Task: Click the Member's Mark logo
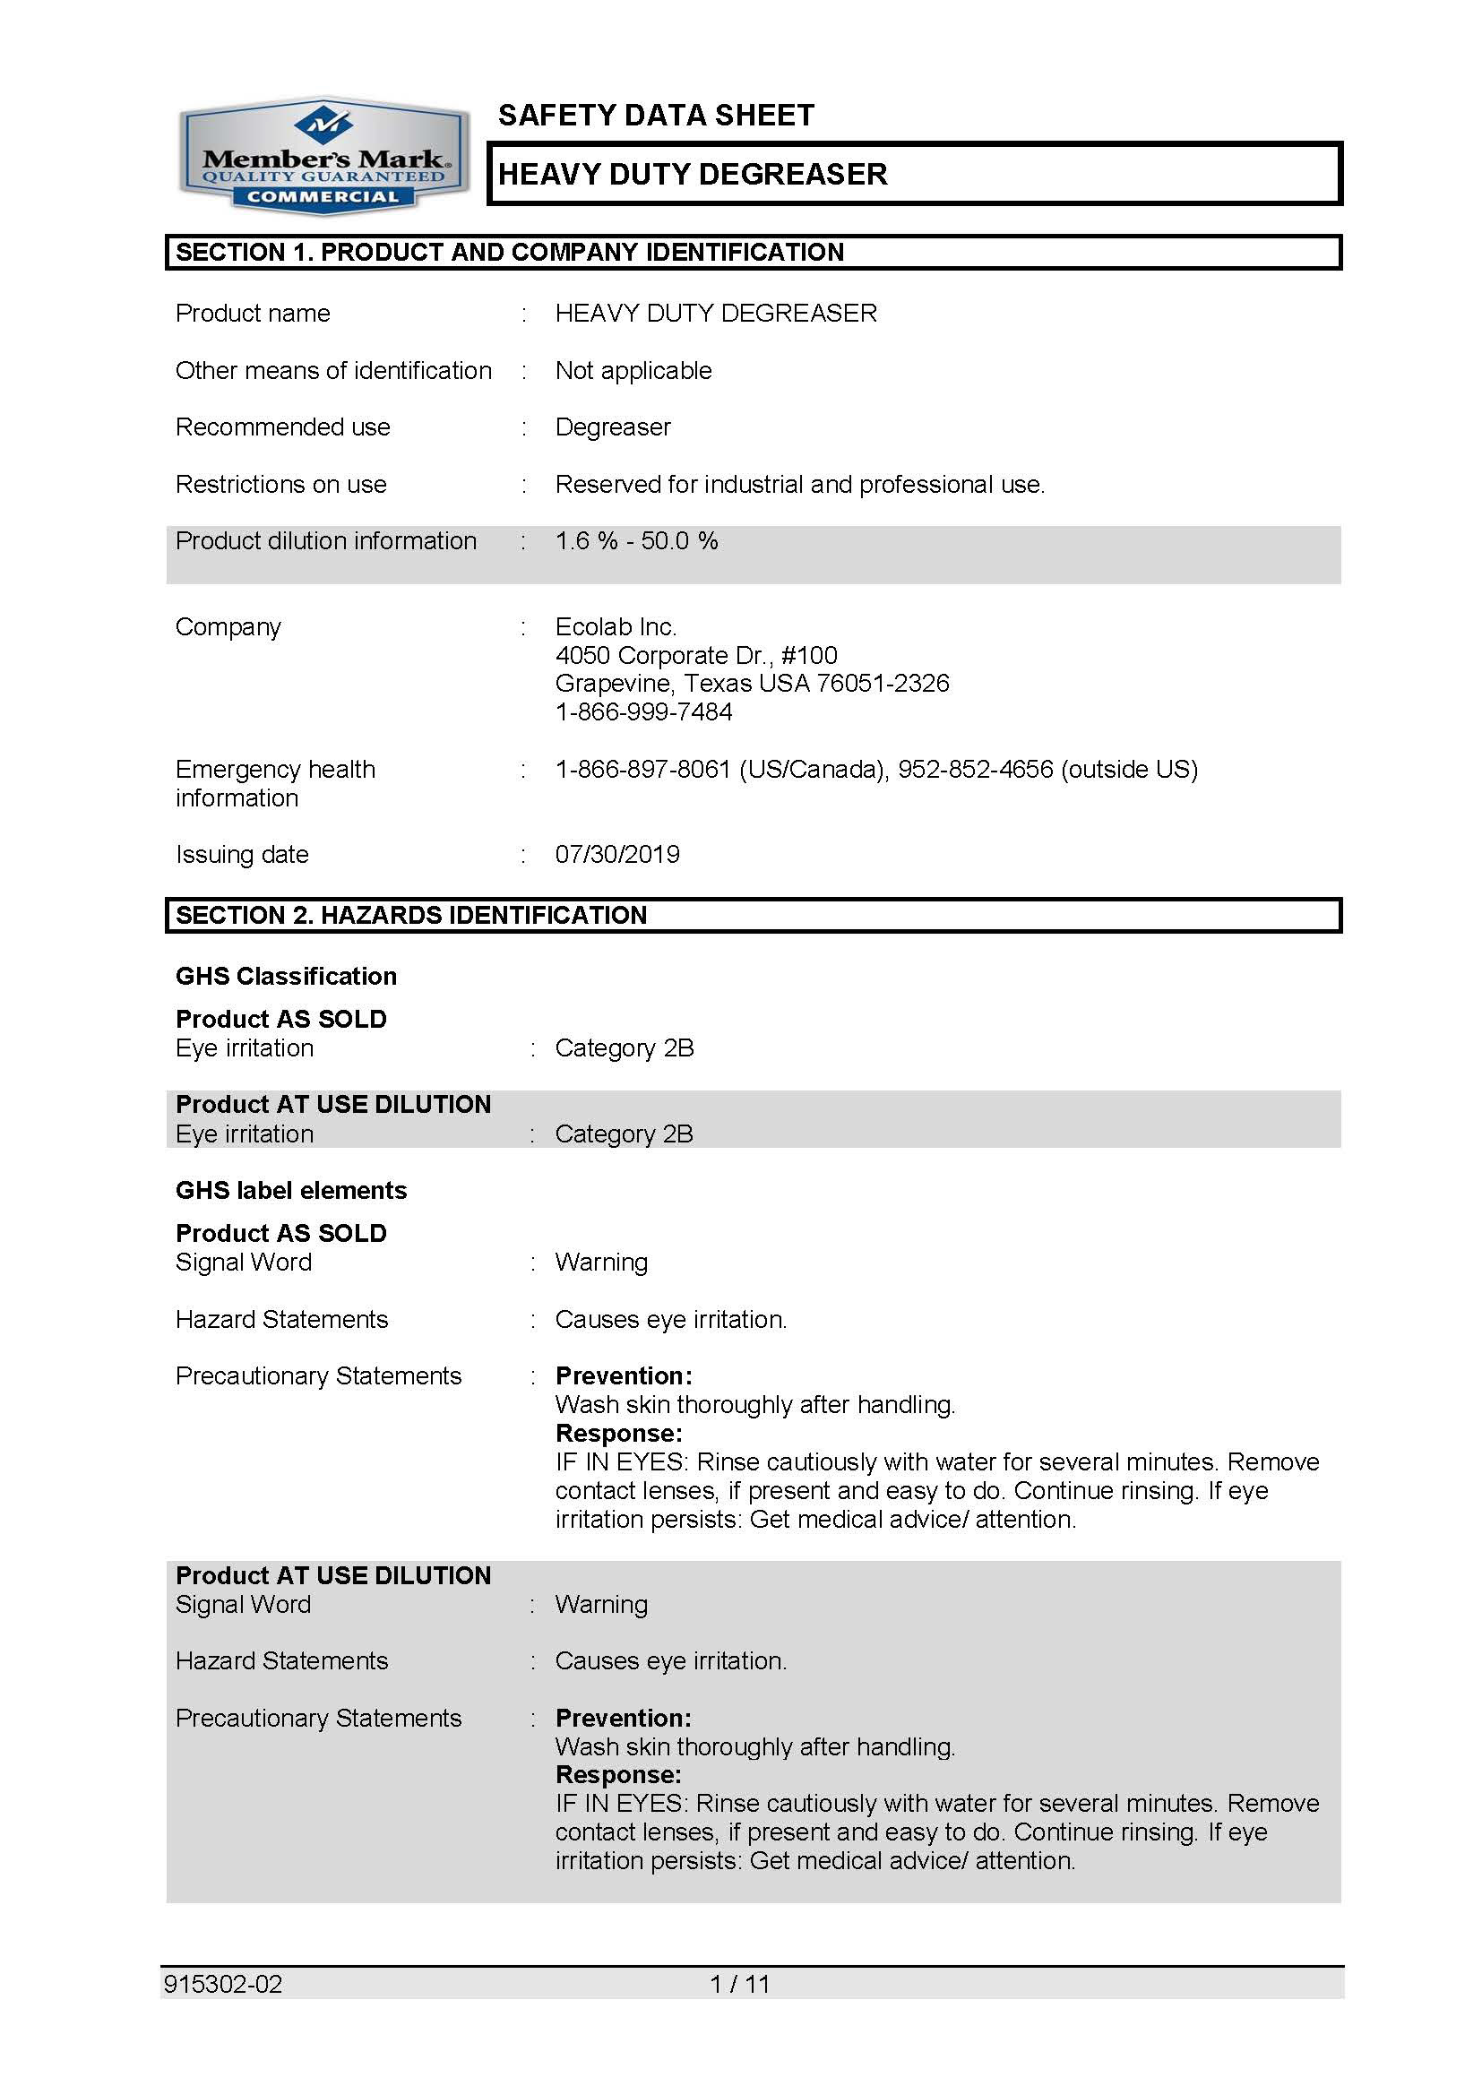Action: (324, 157)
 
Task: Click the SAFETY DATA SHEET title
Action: (655, 116)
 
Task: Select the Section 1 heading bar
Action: (753, 252)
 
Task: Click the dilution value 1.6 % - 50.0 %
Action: (636, 541)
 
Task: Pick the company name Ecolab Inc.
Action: (615, 627)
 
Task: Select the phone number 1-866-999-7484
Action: (643, 711)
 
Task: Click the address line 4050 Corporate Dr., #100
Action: (695, 655)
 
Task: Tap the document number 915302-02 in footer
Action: (223, 1984)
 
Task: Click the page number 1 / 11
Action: (739, 1984)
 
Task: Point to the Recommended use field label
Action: (282, 427)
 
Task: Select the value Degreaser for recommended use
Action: (612, 427)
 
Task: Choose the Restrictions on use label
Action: (280, 485)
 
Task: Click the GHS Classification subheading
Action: (286, 977)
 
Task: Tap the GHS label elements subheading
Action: (291, 1191)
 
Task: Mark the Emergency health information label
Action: (275, 784)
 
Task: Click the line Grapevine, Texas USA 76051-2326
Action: (752, 684)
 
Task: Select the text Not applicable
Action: (633, 370)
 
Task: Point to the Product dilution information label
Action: (326, 541)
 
